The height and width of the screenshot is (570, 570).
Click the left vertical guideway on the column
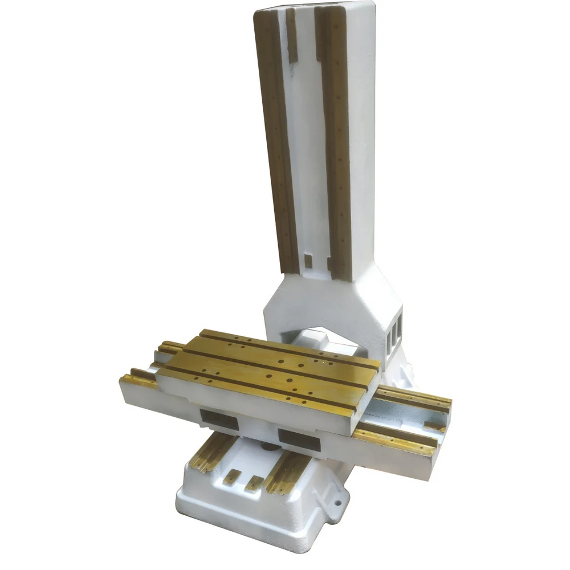[x=278, y=142]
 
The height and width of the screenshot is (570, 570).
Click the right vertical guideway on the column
[x=335, y=142]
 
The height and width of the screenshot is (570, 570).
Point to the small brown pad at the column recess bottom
[x=308, y=260]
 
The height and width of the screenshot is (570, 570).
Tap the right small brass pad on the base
[x=253, y=484]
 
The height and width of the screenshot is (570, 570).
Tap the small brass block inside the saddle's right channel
[x=434, y=425]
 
